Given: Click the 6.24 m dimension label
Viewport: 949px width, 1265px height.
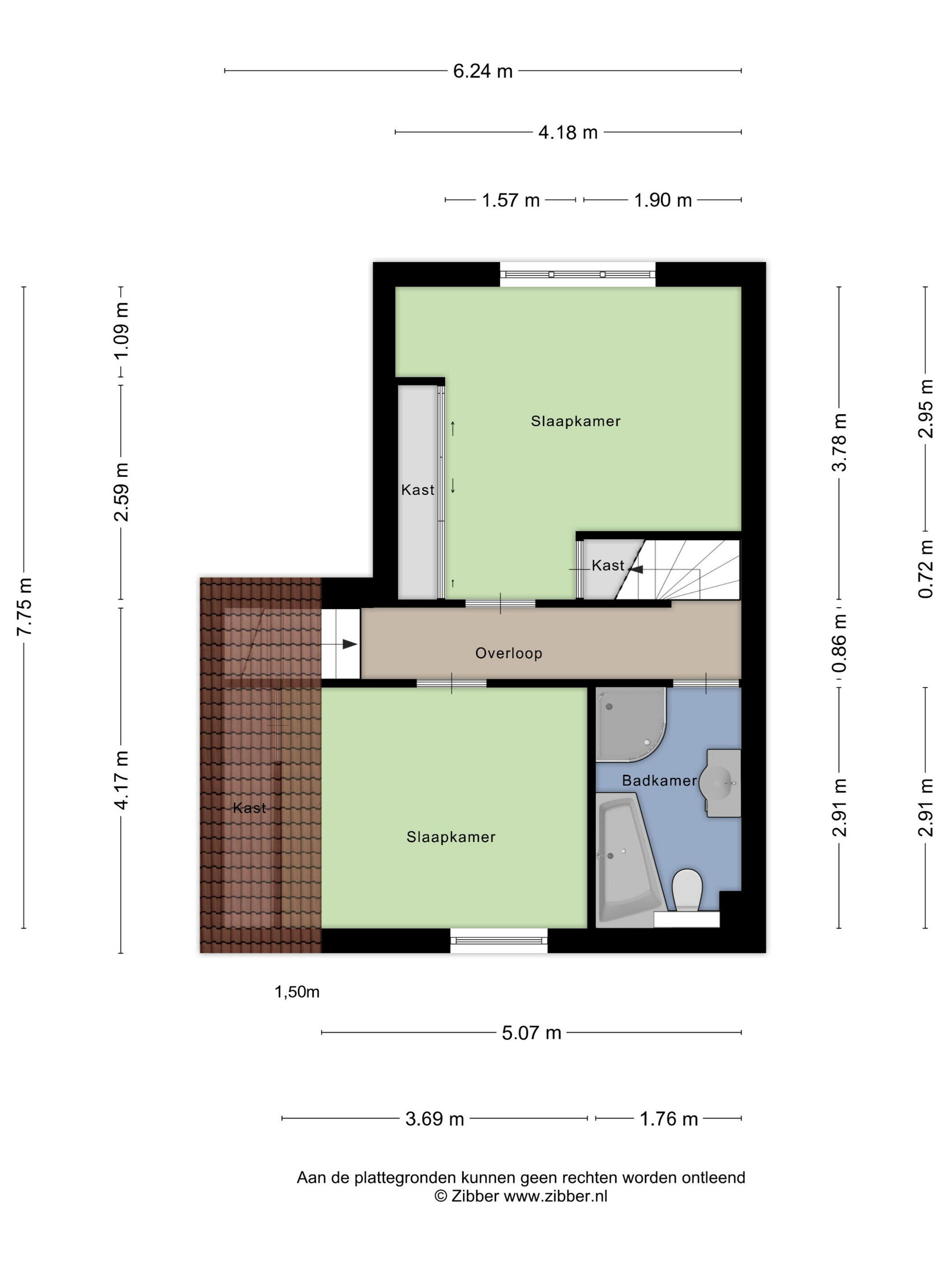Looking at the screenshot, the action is click(x=482, y=71).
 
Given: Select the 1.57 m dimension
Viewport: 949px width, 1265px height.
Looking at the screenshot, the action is click(x=510, y=200).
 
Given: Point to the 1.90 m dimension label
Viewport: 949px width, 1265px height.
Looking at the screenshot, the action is click(x=662, y=200).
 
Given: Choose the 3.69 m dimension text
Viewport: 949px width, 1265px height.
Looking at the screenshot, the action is click(x=434, y=1119).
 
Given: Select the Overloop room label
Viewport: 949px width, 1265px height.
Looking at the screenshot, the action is click(x=508, y=653).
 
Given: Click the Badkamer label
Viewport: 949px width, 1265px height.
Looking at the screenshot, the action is click(x=659, y=781).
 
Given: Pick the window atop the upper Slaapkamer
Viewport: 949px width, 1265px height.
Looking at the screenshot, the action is click(x=578, y=275).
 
